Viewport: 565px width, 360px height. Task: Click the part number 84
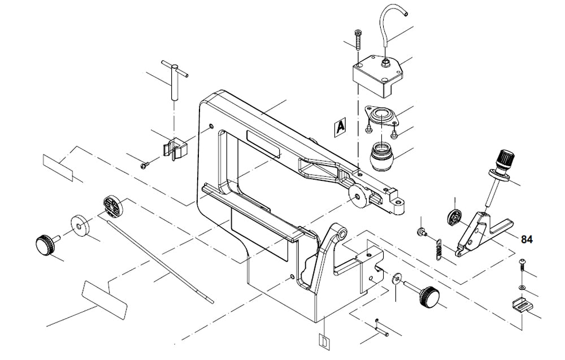point(527,240)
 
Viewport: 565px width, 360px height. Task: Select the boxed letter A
point(340,128)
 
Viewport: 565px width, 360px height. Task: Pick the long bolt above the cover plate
point(359,41)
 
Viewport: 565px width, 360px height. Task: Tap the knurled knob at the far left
point(45,245)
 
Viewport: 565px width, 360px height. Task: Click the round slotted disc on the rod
point(113,206)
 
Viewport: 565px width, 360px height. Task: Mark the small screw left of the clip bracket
point(145,165)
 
